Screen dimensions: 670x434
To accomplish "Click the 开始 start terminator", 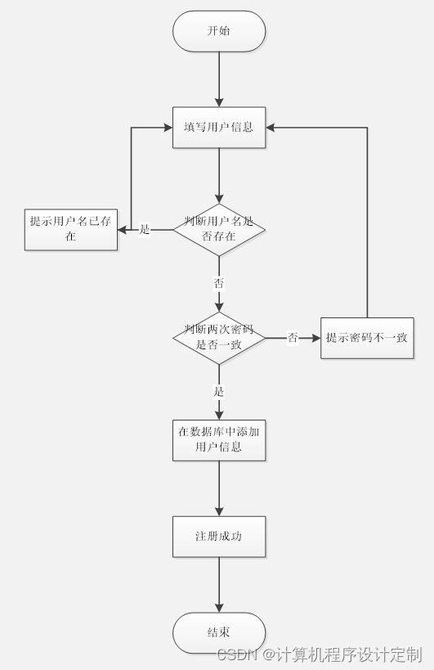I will (219, 31).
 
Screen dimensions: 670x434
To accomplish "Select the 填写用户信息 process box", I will (219, 128).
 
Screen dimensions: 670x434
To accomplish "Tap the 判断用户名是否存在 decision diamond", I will (219, 230).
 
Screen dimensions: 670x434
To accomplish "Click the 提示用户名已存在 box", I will (70, 229).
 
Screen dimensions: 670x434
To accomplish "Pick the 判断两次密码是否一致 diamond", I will (219, 337).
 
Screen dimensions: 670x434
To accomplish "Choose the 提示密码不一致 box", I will (367, 337).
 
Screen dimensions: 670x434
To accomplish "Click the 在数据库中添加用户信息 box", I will (219, 439).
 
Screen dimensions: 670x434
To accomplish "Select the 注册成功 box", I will (219, 537).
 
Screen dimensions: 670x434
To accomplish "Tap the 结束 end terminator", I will (219, 632).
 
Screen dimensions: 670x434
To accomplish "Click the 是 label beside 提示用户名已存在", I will (145, 230).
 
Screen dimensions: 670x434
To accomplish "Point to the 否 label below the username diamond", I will (219, 283).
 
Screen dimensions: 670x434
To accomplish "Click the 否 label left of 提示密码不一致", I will (293, 337).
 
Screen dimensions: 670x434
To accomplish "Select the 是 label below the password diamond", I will (219, 392).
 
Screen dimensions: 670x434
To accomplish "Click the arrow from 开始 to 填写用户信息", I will (219, 79).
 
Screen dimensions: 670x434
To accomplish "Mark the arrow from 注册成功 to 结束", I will (219, 585).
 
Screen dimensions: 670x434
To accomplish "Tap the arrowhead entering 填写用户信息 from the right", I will (272, 128).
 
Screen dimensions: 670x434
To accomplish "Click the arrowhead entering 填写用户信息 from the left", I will (167, 128).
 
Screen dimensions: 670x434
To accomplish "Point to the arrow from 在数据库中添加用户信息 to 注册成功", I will (219, 488).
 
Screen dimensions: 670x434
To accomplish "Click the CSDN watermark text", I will (319, 654).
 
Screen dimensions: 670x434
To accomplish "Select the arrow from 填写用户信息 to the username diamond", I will (219, 176).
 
